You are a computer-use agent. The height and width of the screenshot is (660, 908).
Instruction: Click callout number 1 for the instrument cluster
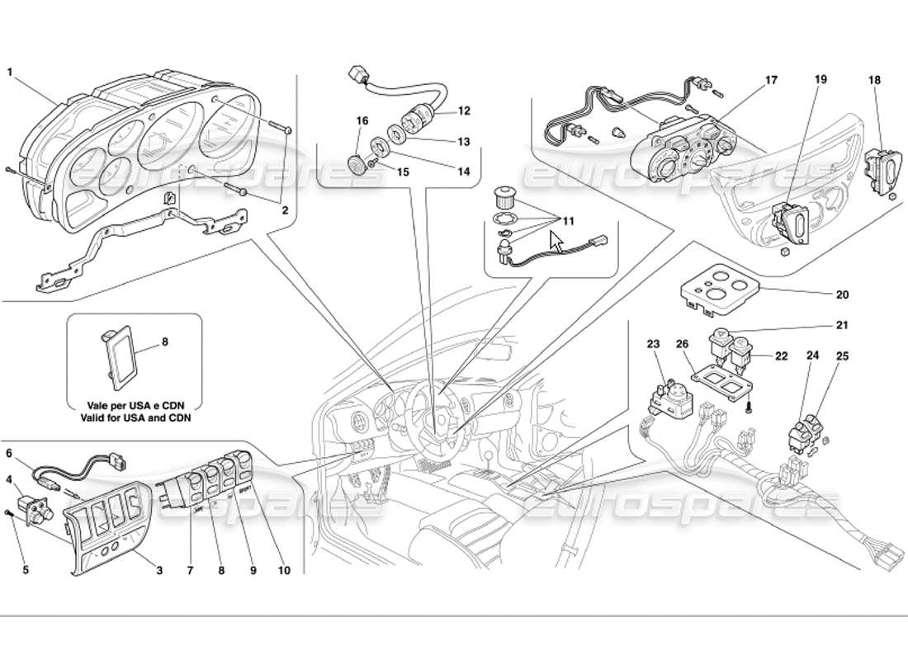[10, 72]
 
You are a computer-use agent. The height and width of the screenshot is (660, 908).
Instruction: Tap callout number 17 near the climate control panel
[771, 81]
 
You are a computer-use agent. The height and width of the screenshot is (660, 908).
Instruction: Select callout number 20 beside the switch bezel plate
[841, 295]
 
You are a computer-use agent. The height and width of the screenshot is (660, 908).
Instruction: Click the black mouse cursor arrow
[556, 242]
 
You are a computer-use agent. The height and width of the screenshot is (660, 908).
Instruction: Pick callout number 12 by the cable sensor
[464, 110]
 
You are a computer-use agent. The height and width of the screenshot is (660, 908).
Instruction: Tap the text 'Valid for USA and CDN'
[135, 417]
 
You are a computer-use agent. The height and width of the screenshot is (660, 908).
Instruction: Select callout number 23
[653, 343]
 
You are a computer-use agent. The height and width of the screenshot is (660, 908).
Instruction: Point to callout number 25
[841, 356]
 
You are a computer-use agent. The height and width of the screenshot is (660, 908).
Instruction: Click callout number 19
[821, 80]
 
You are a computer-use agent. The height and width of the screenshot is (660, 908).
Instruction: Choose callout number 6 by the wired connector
[10, 453]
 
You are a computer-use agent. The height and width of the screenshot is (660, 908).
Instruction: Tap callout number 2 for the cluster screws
[284, 210]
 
